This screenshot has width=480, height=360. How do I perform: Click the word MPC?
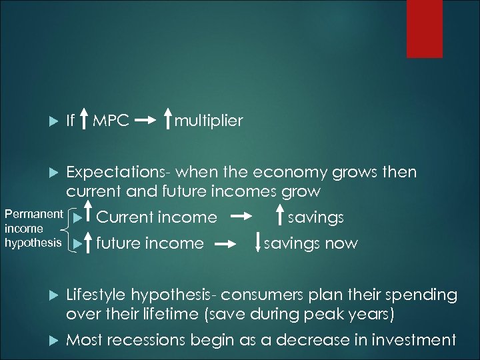pos(111,121)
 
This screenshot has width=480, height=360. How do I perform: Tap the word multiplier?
pos(208,121)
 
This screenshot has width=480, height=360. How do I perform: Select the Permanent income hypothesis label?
pos(33,229)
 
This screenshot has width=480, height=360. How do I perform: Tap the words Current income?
pos(157,217)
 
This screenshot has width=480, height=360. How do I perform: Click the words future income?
pos(150,243)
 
